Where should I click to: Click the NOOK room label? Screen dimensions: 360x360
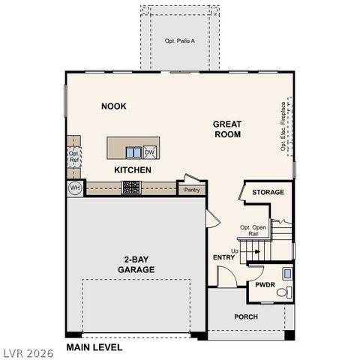click(x=114, y=106)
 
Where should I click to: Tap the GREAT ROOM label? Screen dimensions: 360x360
click(x=226, y=129)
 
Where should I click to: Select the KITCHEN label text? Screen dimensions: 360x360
click(x=133, y=170)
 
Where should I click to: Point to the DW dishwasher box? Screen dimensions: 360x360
click(x=149, y=152)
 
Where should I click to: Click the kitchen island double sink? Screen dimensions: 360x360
click(x=133, y=152)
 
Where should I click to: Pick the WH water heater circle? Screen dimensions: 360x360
click(x=75, y=187)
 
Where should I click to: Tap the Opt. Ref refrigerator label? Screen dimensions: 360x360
click(x=74, y=157)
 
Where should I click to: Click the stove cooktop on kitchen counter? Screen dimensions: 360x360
click(x=132, y=187)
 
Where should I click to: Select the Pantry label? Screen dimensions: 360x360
click(x=191, y=190)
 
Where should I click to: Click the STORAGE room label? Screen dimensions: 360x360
click(x=268, y=193)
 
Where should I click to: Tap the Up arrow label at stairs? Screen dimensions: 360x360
click(x=235, y=250)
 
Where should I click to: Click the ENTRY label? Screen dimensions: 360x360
click(x=223, y=258)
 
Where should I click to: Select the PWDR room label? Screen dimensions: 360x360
click(x=264, y=285)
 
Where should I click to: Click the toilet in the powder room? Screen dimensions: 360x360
click(x=282, y=292)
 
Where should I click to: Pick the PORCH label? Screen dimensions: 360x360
click(x=245, y=317)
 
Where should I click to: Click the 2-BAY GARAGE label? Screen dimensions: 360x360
click(x=136, y=264)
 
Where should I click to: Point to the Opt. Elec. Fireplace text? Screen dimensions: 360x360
click(x=283, y=127)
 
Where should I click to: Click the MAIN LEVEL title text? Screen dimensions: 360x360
click(x=94, y=347)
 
